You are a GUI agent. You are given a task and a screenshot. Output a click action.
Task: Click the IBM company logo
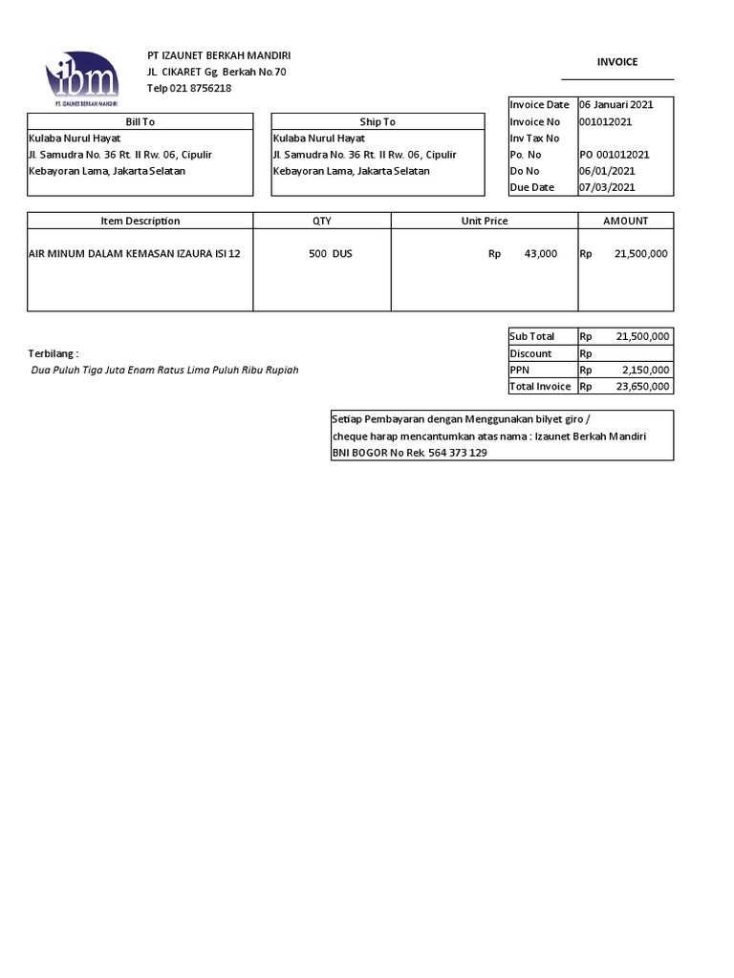point(82,77)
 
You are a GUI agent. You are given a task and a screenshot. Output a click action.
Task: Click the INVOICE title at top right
point(617,62)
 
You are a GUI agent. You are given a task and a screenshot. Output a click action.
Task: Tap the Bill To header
point(140,121)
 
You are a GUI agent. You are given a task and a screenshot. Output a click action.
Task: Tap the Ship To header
point(378,121)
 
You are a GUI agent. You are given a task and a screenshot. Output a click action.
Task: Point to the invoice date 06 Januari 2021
point(615,105)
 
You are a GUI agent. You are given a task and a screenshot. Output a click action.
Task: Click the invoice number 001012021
point(605,121)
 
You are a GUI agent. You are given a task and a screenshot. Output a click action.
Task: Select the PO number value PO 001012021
point(615,155)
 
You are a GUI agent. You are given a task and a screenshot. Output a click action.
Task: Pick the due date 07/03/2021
point(607,187)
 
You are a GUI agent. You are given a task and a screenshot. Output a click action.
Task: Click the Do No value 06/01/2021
point(607,171)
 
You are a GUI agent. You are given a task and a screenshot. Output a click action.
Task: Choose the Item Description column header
point(140,221)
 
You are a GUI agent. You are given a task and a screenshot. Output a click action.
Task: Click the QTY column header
point(322,221)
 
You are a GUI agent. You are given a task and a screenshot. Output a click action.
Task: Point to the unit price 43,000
point(540,254)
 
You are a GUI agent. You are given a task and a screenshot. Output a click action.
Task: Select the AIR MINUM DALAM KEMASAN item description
point(135,254)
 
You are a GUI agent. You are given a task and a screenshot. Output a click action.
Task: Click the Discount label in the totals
point(530,353)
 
